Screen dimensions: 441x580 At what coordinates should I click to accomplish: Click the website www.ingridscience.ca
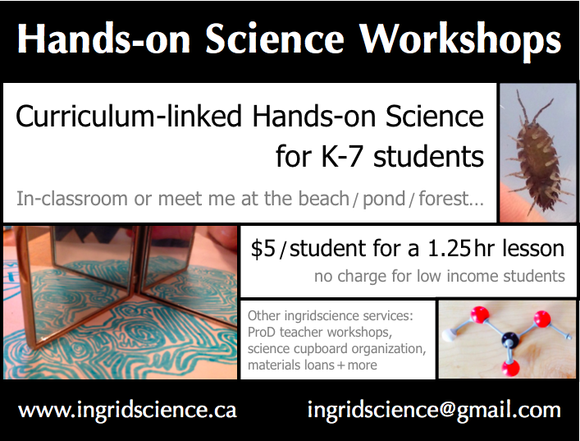point(127,410)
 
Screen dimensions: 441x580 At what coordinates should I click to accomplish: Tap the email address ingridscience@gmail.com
point(434,410)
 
